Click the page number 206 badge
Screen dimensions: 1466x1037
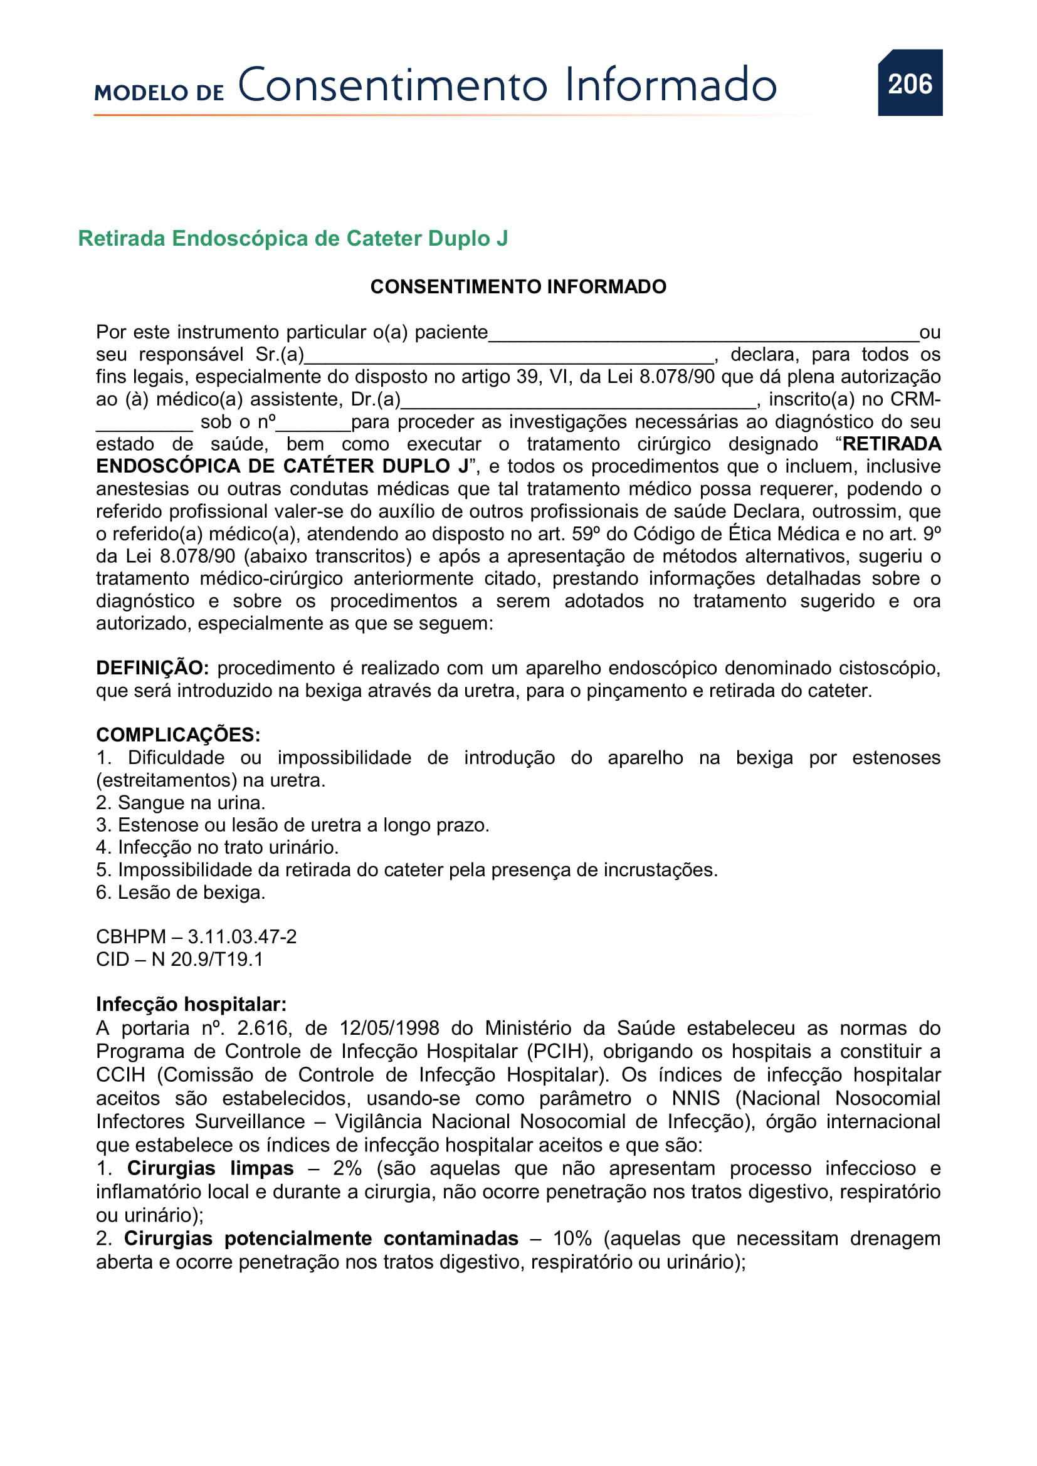[909, 83]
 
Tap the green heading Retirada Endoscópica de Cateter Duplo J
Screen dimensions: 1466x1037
[292, 238]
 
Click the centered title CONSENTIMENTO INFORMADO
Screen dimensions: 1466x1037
[518, 286]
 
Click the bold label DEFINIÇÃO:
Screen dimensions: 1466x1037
[152, 668]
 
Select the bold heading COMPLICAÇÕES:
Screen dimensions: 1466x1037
[178, 735]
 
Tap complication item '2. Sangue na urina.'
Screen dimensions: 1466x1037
[181, 803]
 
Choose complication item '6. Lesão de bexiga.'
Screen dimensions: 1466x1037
[181, 892]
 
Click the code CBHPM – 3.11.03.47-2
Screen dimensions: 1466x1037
[196, 936]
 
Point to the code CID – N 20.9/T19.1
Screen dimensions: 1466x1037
[179, 959]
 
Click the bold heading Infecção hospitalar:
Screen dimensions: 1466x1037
[191, 1004]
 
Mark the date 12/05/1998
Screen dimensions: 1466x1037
[389, 1028]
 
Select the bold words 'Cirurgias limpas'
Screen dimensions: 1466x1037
[210, 1168]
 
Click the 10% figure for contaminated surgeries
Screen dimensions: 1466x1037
[572, 1238]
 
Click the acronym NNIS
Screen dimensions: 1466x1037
[695, 1098]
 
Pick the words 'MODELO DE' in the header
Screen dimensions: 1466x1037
[159, 93]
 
